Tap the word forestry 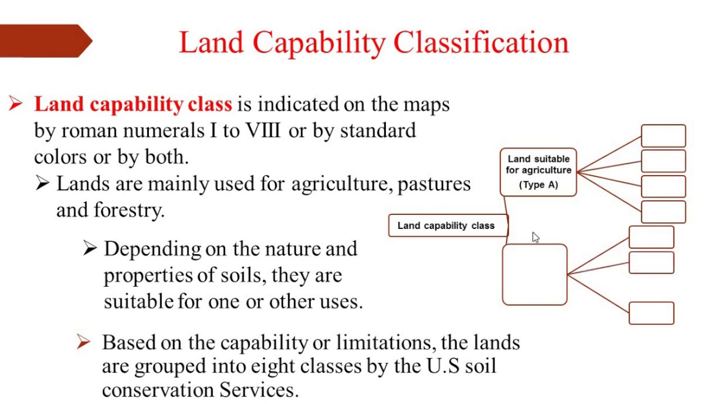click(x=129, y=210)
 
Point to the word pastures click(x=434, y=184)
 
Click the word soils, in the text click(x=251, y=276)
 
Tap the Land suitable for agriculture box click(x=538, y=172)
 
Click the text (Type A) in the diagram click(x=538, y=185)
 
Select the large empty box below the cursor click(x=534, y=275)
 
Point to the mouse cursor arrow click(x=535, y=237)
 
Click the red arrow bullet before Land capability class click(x=16, y=104)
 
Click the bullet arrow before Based click(x=83, y=342)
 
